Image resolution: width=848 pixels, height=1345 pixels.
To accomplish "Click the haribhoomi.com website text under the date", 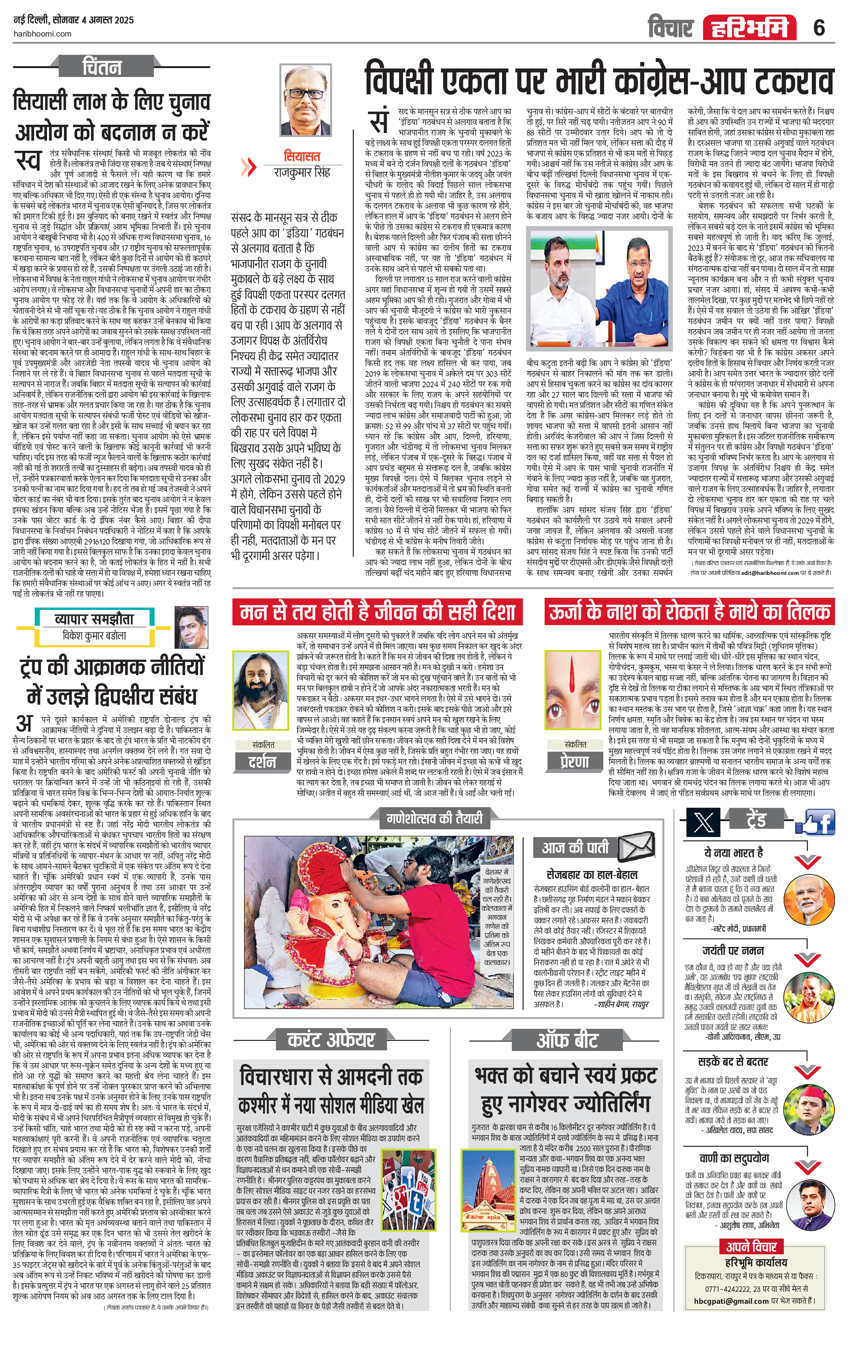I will tap(42, 34).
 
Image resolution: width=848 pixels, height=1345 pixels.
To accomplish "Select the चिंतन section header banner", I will tap(102, 67).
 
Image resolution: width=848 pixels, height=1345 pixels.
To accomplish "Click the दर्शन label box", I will tap(262, 762).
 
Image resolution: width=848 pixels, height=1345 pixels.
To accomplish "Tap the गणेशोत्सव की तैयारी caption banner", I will tap(434, 819).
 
